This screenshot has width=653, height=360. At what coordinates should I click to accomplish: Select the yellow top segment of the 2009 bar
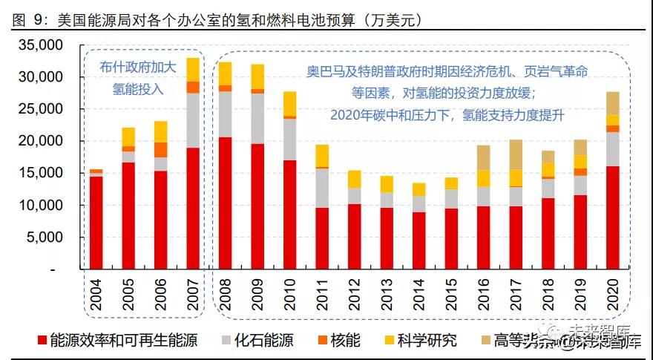click(x=257, y=76)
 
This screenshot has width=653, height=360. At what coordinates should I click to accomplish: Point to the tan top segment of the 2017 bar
click(x=515, y=154)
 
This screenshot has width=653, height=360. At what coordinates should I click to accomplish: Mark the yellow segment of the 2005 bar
click(x=128, y=137)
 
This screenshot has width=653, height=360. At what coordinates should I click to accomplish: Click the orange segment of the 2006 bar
click(x=161, y=149)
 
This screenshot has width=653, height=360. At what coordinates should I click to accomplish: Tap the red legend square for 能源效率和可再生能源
click(x=42, y=341)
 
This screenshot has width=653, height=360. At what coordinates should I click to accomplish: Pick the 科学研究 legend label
click(x=427, y=341)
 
